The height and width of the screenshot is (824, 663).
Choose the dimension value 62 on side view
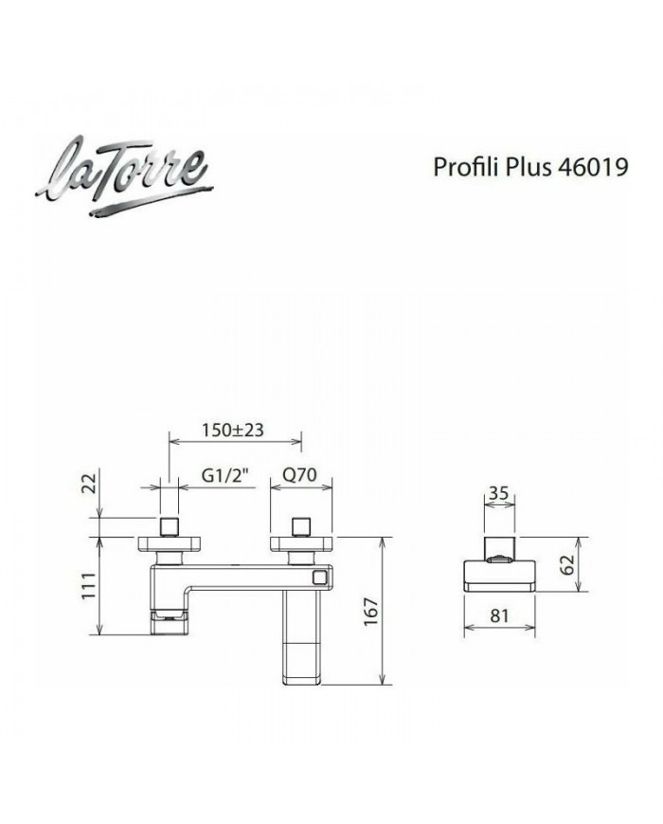567,567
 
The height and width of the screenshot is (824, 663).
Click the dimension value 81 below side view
500,615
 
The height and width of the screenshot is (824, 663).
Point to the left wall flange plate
170,543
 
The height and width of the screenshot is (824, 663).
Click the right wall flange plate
301,543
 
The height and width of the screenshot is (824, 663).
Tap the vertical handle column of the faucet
302,635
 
